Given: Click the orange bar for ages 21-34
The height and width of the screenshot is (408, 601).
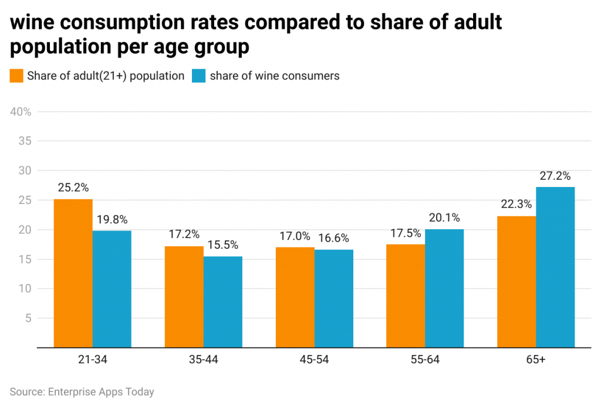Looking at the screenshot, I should click(73, 273).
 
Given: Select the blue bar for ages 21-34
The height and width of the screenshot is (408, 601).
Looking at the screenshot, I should click(112, 289).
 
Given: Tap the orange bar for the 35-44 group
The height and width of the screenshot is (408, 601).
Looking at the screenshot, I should click(184, 297).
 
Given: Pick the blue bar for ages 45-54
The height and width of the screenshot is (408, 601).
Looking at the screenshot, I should click(334, 299).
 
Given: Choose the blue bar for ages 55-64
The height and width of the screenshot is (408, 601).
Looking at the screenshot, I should click(444, 288).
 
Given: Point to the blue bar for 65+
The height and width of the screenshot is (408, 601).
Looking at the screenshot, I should click(555, 267).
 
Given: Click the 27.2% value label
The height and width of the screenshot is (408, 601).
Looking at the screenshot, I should click(555, 176).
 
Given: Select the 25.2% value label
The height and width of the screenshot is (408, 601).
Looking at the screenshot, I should click(73, 188).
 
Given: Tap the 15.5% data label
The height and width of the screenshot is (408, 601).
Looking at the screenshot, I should click(223, 245).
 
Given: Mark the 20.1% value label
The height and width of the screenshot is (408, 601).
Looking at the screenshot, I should click(444, 218).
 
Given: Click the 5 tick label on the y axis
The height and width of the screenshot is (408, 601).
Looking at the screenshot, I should click(28, 318).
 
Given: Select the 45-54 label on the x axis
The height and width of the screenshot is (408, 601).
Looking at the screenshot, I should click(315, 360).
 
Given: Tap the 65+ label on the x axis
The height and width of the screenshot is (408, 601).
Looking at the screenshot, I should click(535, 360).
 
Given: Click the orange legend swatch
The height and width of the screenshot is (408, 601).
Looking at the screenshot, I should click(17, 76).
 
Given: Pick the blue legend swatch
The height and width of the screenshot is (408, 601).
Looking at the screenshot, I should click(200, 76).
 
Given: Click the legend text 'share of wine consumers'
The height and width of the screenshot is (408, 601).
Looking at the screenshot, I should click(275, 76).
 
